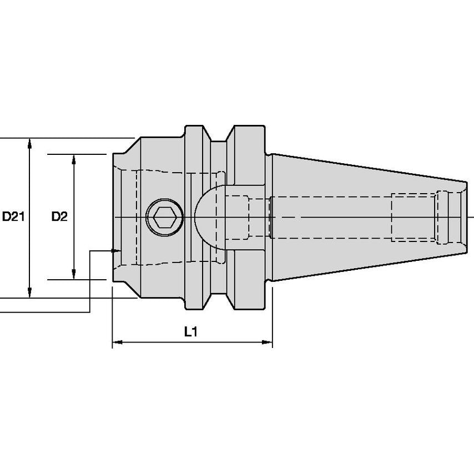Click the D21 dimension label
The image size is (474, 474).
click(x=13, y=216)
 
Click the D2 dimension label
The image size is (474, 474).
click(x=59, y=216)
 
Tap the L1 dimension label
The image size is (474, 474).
click(x=191, y=332)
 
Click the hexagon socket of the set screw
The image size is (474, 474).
click(x=165, y=217)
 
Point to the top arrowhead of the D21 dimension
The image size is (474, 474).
click(x=29, y=143)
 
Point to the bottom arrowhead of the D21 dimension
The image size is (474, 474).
click(x=29, y=293)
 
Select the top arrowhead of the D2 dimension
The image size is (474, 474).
click(x=73, y=160)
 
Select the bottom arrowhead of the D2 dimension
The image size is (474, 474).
click(x=73, y=274)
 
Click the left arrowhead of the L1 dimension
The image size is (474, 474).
click(x=118, y=342)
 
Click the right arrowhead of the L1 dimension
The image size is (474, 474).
click(x=267, y=342)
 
